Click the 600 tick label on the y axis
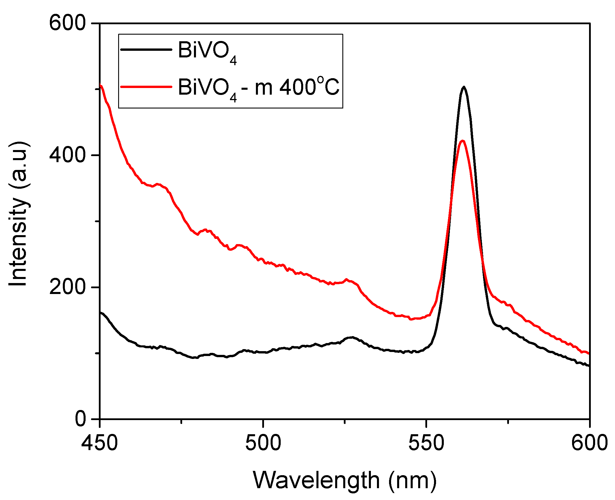point(67,23)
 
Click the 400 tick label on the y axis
point(67,155)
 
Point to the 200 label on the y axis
point(67,287)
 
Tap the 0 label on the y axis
point(80,419)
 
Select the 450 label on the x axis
point(99,443)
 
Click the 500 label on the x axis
point(263,443)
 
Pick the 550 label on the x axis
point(426,443)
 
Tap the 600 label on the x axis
point(589,443)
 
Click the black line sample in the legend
point(146,50)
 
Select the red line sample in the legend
point(146,86)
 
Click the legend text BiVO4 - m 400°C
point(259,87)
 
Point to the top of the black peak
point(464,87)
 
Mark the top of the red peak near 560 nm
point(463,141)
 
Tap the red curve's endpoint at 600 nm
point(589,353)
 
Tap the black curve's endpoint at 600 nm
point(589,366)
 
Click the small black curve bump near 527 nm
point(352,337)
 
